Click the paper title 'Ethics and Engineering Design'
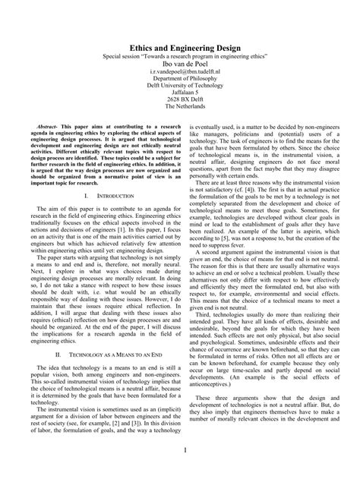(179, 46)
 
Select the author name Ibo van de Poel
(179, 66)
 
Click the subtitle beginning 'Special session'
(179, 57)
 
